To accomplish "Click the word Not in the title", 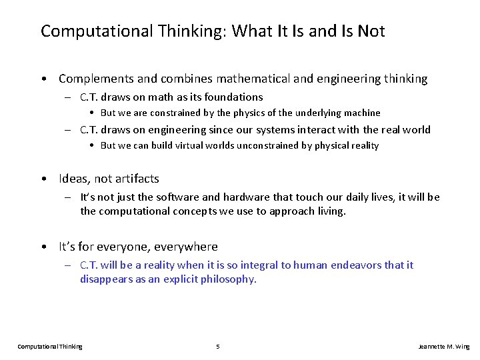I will click(x=371, y=31).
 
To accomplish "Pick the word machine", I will click(x=361, y=113).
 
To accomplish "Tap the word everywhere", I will click(x=186, y=247).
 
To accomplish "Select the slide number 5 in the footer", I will click(x=218, y=347).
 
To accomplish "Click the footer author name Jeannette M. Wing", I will click(x=443, y=347).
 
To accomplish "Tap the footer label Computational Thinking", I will click(x=50, y=347).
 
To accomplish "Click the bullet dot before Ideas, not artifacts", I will click(x=43, y=179).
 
